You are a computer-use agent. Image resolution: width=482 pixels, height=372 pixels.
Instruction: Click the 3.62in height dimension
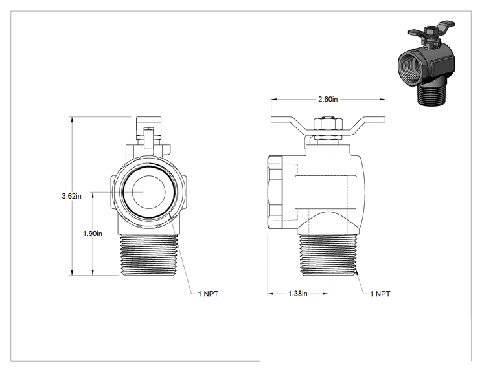pos(72,196)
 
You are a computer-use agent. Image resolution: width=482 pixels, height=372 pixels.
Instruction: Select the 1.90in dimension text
pos(93,234)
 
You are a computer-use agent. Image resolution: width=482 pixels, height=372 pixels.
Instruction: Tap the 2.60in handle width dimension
pos(328,99)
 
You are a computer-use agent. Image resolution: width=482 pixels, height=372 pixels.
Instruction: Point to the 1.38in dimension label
pos(297,294)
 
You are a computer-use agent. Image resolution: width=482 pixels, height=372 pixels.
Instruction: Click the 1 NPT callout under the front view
pos(208,294)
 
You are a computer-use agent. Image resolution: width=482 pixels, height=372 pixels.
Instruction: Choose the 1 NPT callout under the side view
pos(380,294)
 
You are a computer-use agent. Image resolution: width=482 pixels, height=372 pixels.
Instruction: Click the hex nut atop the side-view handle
pos(328,124)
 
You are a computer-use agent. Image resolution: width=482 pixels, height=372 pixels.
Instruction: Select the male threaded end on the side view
pos(328,255)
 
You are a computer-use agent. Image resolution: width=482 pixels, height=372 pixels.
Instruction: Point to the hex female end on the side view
pos(275,192)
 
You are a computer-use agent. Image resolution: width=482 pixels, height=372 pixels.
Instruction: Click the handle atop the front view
pos(149,128)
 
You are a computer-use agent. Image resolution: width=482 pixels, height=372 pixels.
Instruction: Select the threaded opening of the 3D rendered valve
pos(411,66)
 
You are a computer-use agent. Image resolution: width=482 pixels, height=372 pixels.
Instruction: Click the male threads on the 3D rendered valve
pos(430,95)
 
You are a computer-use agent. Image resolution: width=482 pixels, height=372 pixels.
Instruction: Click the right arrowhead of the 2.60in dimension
pos(382,99)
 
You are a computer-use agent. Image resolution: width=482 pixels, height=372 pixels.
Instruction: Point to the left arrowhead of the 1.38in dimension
pos(271,294)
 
